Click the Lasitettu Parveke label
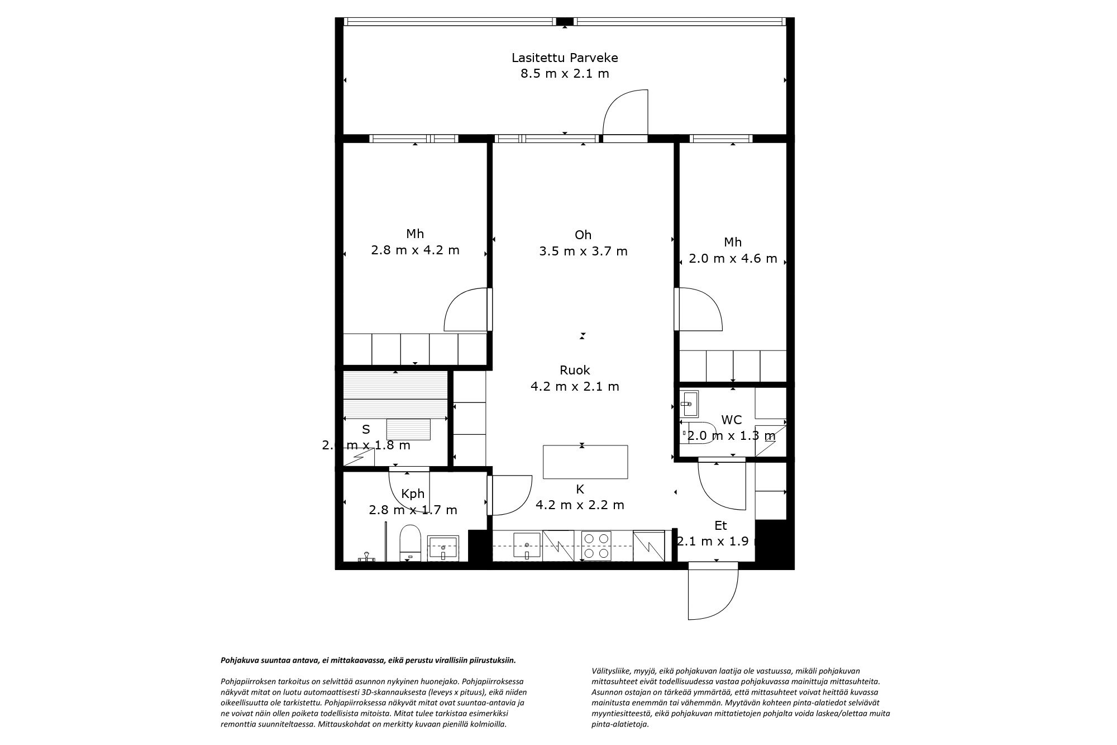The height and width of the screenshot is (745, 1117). point(565,58)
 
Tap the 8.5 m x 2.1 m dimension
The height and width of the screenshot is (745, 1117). point(565,73)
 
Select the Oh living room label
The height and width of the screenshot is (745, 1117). point(583,235)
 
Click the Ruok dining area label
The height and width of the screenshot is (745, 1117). point(575,370)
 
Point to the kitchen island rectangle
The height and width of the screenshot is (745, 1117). point(585,462)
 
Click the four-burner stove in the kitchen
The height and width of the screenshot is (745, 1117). point(596,545)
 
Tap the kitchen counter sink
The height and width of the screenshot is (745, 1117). point(527,545)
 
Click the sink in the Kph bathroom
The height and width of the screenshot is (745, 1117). point(443,548)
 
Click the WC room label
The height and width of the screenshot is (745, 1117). point(731,420)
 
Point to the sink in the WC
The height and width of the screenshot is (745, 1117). point(689,403)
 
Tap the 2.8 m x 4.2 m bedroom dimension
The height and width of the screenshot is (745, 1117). point(415,250)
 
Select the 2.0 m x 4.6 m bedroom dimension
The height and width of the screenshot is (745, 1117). point(733,258)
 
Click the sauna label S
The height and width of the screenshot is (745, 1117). point(366,429)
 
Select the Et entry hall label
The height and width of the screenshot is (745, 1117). point(720,525)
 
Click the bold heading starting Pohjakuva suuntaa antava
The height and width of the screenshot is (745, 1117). point(368,660)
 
